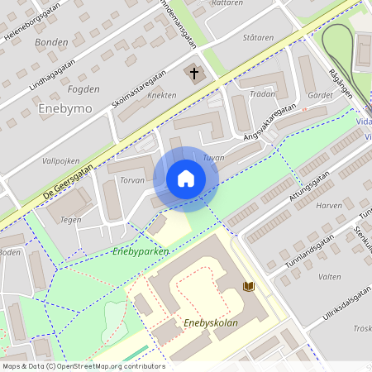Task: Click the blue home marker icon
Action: [186, 179]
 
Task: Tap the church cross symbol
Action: [194, 74]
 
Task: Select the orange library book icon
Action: [248, 286]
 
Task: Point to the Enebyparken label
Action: [140, 250]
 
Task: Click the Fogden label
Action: [83, 89]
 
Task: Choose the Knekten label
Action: [161, 96]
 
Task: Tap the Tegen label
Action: [70, 220]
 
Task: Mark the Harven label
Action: [328, 205]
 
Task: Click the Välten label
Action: [330, 278]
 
